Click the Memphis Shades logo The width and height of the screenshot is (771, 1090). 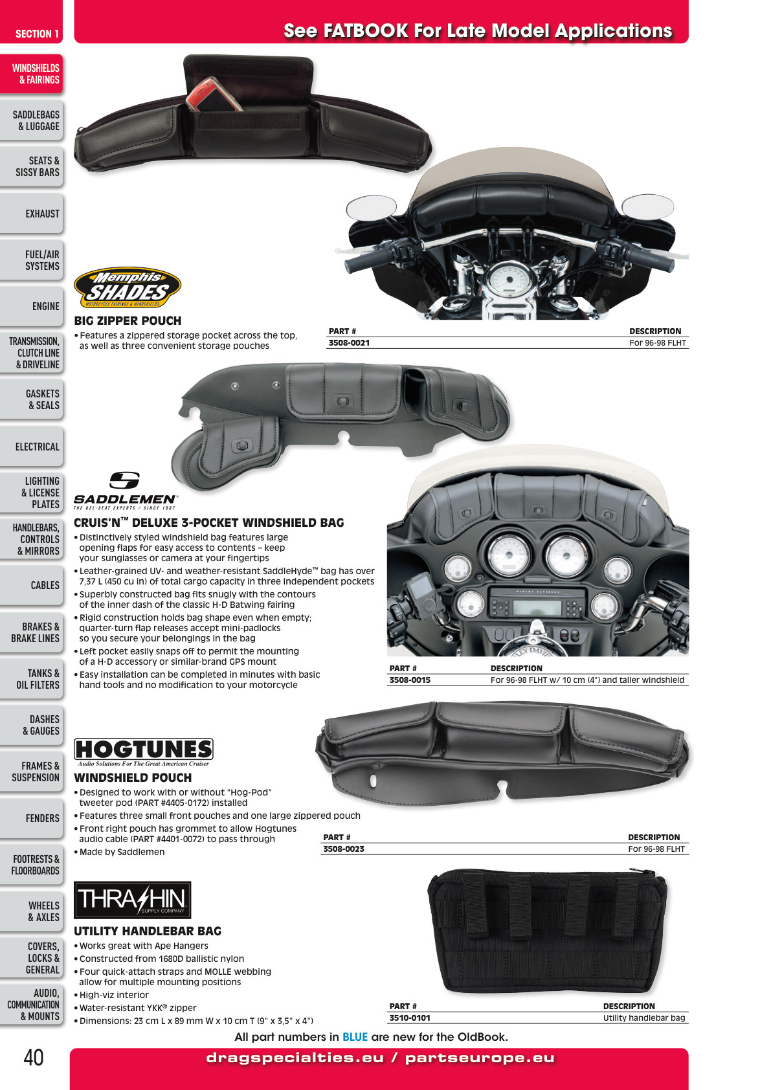tap(127, 287)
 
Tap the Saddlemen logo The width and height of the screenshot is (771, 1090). tap(125, 491)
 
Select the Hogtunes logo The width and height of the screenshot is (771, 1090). tap(144, 753)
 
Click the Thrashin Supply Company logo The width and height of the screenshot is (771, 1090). tap(133, 900)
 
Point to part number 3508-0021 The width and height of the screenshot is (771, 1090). tap(349, 343)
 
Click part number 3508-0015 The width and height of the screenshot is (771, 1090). tap(410, 680)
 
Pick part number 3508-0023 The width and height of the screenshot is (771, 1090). tap(344, 849)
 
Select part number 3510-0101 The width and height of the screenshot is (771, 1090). tap(410, 1018)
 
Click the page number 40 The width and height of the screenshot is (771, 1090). tap(34, 1058)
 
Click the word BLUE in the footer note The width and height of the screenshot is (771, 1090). tap(355, 1037)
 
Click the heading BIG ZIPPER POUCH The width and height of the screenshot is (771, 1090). tap(128, 320)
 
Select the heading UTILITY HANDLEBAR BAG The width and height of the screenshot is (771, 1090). tap(148, 931)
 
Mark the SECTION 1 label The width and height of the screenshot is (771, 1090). tap(37, 34)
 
